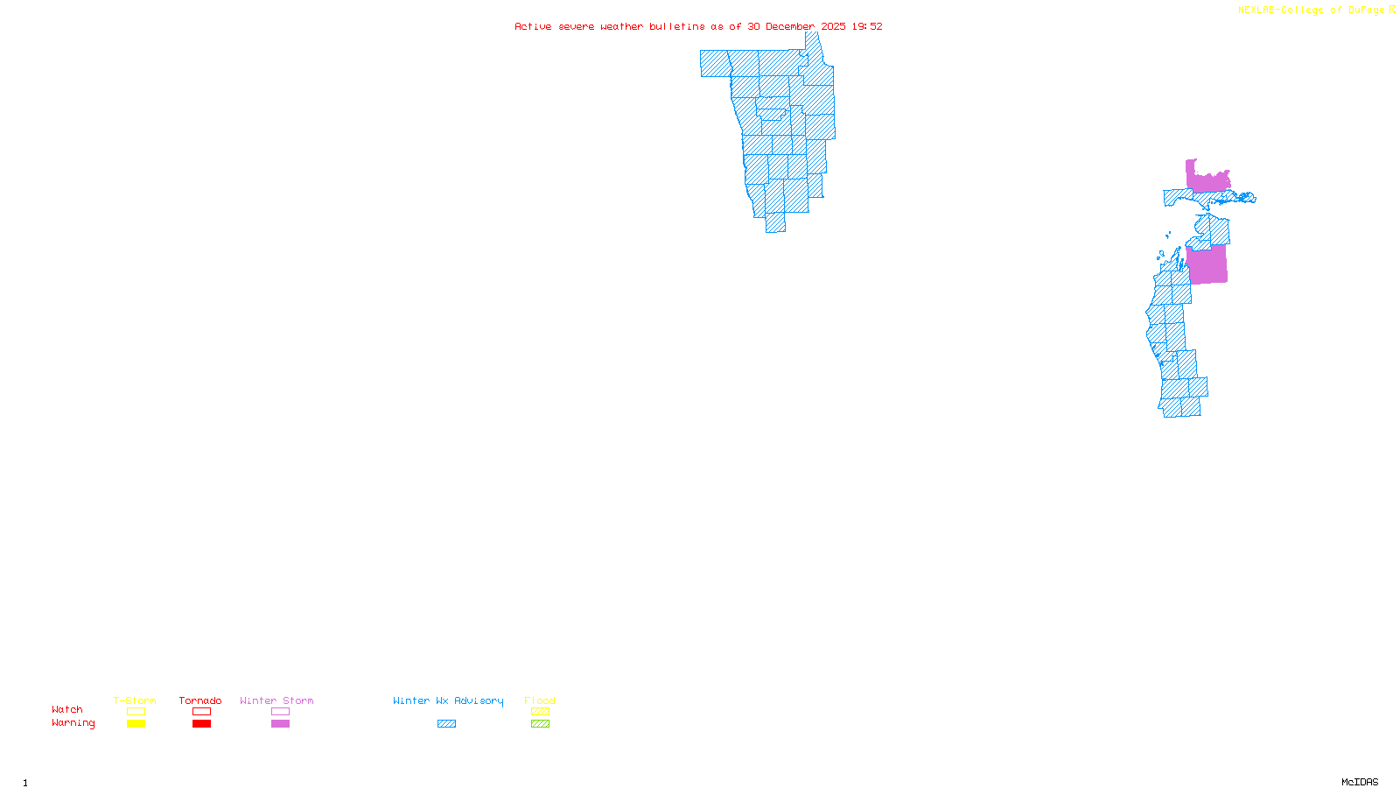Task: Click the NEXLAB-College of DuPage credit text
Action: point(1311,11)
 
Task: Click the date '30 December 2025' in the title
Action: point(796,27)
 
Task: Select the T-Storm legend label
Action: point(135,700)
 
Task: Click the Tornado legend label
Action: point(200,700)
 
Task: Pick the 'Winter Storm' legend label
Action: point(276,700)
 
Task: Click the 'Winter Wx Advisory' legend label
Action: point(448,700)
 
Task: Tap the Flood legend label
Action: point(540,700)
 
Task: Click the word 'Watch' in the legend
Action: point(67,709)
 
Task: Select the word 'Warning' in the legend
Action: point(73,723)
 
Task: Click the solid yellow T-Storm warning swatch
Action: point(136,724)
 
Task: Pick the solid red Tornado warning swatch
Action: point(201,724)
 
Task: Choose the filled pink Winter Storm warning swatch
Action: point(280,724)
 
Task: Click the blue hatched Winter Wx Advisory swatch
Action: point(446,724)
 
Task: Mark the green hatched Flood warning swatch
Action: point(540,724)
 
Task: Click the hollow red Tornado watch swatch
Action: point(201,712)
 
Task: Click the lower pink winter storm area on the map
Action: point(1207,265)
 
